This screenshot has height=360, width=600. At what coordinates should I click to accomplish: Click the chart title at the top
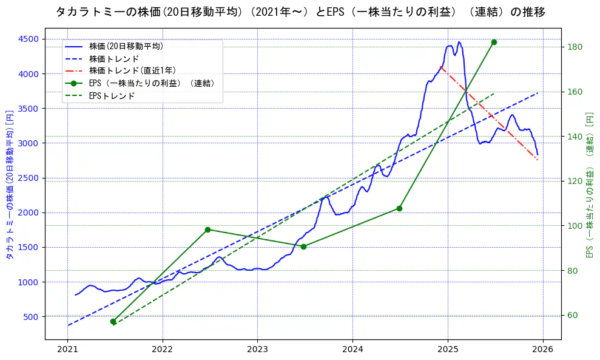300,12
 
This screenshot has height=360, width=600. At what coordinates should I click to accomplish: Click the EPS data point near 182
494,42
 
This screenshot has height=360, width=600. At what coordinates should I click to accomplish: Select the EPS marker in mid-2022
207,229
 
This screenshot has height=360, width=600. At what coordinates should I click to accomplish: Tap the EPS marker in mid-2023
303,246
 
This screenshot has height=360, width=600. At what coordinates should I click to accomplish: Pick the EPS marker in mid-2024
399,208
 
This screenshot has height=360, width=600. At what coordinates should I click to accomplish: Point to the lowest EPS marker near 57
113,321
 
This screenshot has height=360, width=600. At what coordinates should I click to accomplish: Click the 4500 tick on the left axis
27,39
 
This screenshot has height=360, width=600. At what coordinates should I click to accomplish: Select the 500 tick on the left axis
30,317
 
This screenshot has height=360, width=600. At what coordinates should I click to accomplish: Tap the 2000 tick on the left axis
27,212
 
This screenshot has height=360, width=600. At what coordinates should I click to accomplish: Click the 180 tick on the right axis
574,47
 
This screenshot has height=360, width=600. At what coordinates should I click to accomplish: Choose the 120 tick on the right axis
574,181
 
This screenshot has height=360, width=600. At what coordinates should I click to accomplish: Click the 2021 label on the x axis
67,350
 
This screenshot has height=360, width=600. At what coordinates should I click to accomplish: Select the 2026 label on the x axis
543,350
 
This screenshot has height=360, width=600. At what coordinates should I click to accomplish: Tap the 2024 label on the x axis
352,350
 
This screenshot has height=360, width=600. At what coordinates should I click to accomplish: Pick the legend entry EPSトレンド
112,95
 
